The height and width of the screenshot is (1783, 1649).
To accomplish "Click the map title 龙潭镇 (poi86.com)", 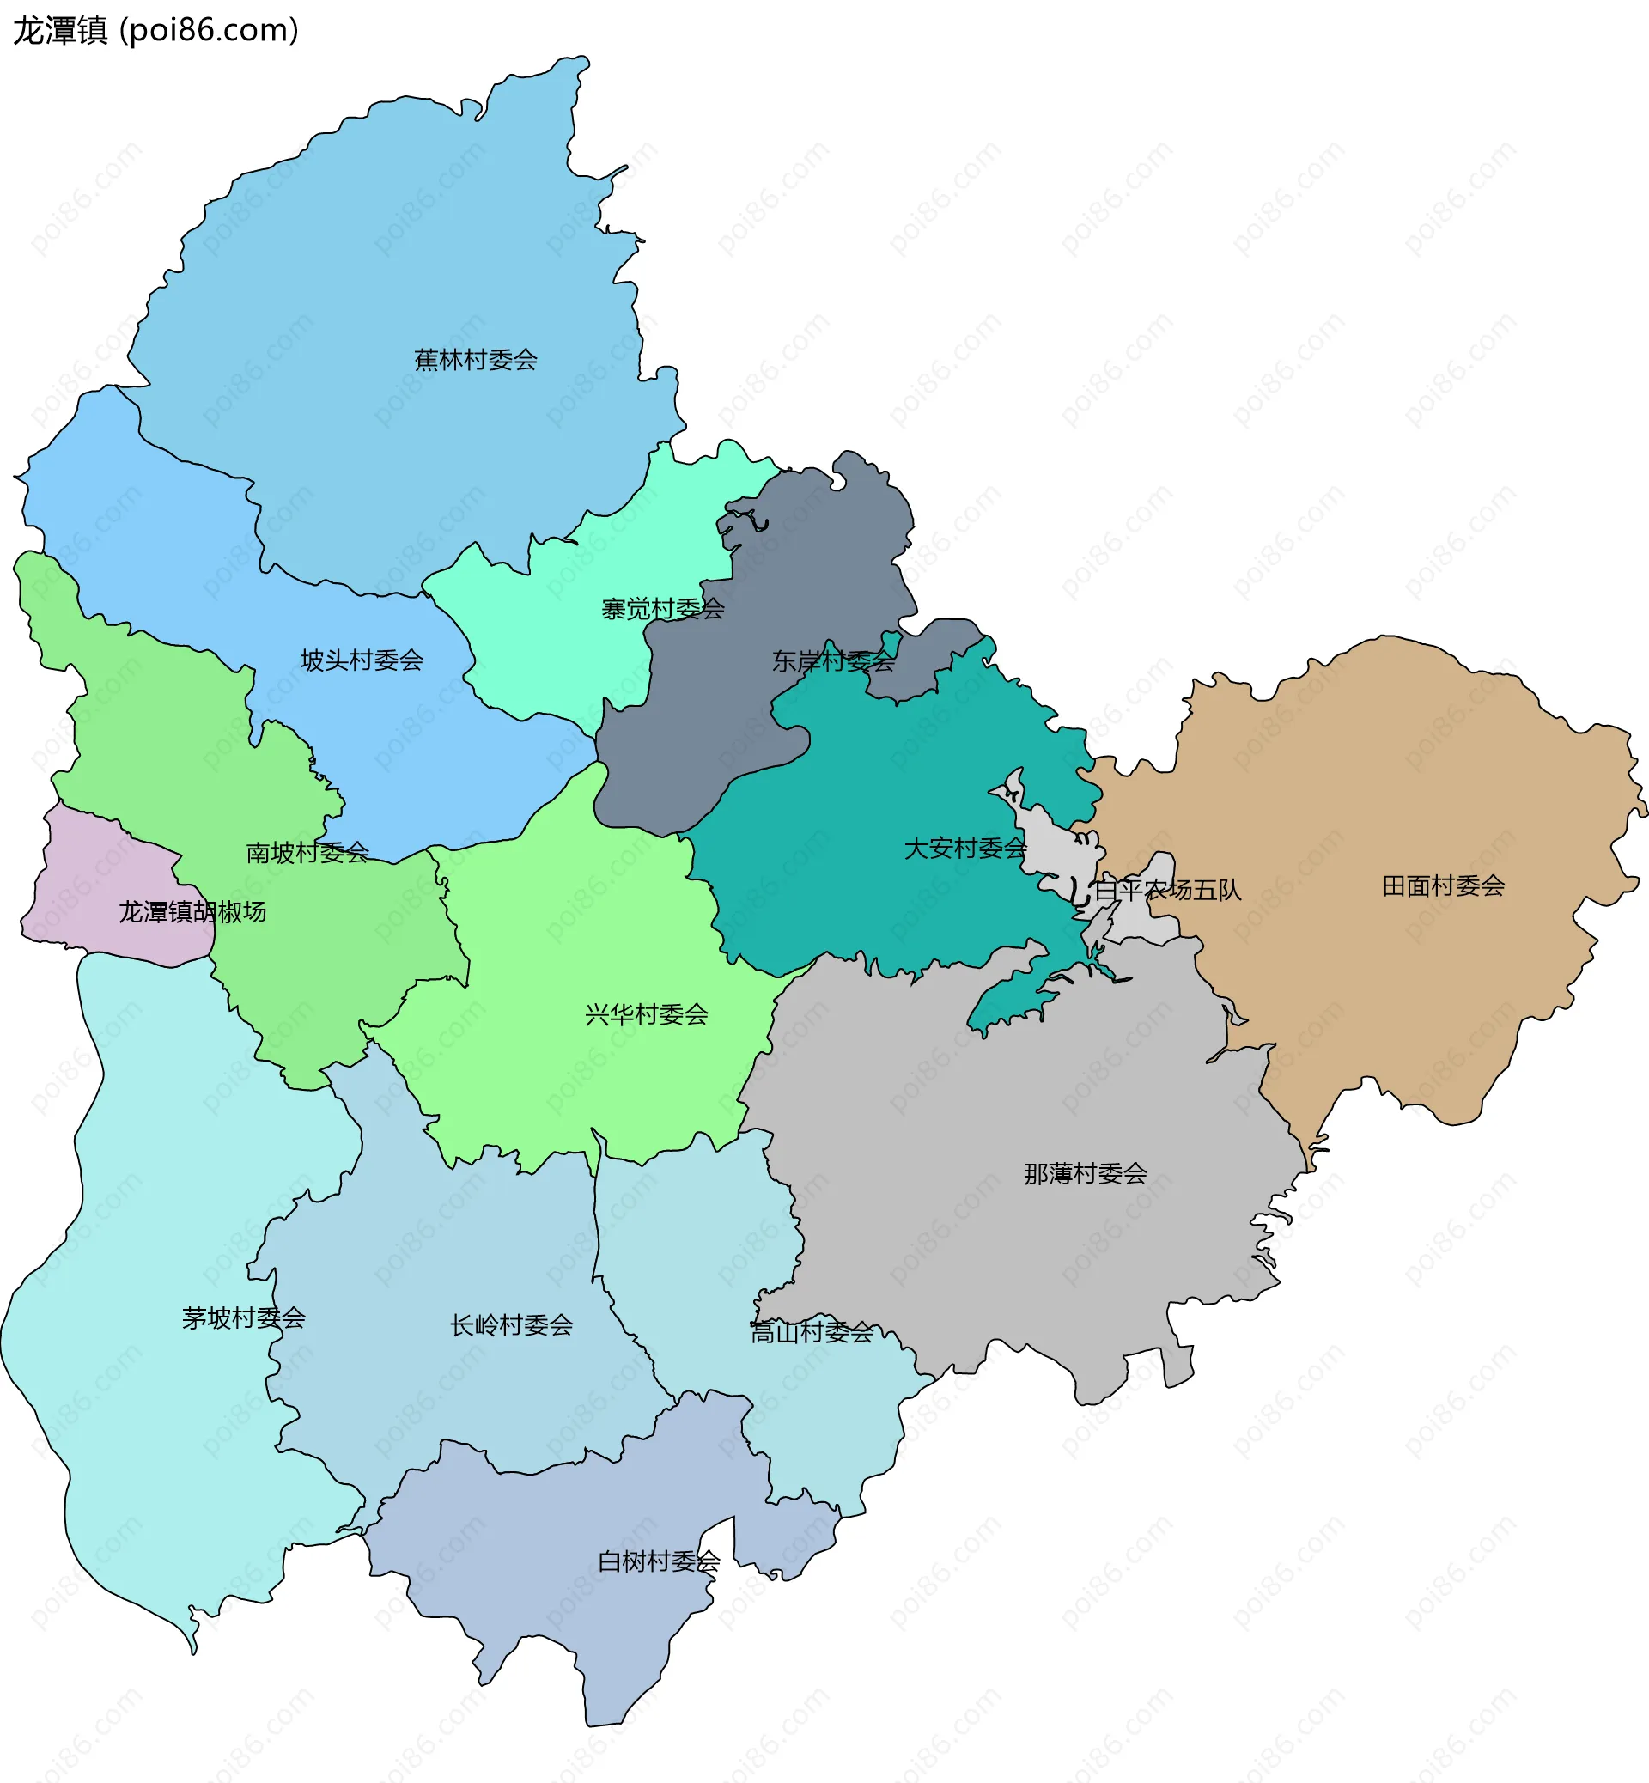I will click(156, 30).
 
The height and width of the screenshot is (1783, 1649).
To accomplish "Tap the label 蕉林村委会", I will click(476, 360).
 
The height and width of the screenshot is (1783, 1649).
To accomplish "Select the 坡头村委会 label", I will click(362, 660).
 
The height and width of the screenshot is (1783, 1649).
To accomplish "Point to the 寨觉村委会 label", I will click(662, 610).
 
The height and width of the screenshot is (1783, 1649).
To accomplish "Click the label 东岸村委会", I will click(833, 661).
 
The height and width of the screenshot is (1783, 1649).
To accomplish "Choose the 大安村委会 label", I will click(965, 848).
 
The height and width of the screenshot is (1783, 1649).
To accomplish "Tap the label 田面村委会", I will click(1443, 886).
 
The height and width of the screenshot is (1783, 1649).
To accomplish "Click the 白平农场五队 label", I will click(1167, 890).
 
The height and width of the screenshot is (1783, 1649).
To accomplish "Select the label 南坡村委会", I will click(307, 852).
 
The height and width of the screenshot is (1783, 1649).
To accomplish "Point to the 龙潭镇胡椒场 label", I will click(192, 912).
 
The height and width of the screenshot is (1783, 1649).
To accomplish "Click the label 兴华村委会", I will click(646, 1014).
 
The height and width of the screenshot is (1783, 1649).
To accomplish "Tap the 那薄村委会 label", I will click(1085, 1173).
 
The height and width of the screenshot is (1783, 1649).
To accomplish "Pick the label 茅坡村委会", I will click(244, 1318).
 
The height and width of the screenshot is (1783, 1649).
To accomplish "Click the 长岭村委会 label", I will click(511, 1325).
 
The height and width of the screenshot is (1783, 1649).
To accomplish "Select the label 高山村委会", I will click(811, 1332).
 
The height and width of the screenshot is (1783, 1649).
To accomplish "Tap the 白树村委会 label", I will click(659, 1561).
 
